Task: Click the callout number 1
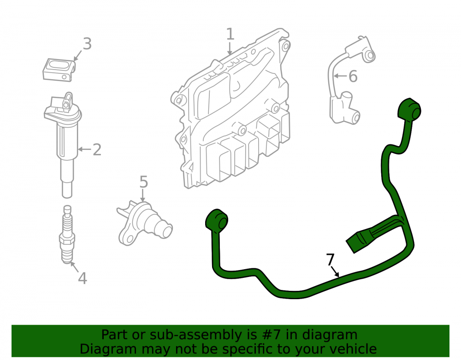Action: tap(230, 34)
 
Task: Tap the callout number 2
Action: tap(97, 150)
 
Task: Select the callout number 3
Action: tap(87, 44)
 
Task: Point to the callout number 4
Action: tap(83, 278)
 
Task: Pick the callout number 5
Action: tap(143, 182)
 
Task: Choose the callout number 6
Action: tap(353, 76)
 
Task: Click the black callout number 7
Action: tap(331, 260)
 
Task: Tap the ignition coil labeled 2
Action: tap(63, 144)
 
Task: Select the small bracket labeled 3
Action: tap(59, 70)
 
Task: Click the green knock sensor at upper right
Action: tap(409, 111)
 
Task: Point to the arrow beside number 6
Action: tap(341, 76)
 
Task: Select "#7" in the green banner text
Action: tap(268, 335)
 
